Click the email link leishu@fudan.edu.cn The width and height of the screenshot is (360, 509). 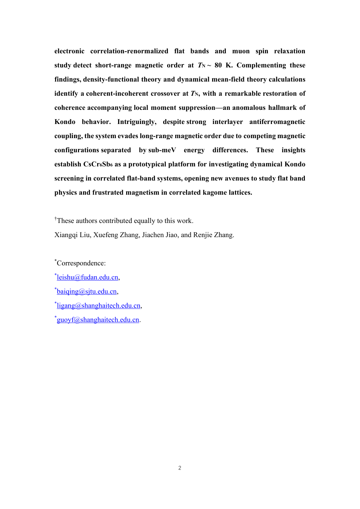[x=87, y=277]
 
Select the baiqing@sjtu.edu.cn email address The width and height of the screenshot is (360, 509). [x=87, y=291]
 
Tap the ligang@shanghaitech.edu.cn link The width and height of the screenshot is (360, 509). [x=99, y=306]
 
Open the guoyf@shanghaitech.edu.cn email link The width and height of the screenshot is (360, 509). [x=98, y=320]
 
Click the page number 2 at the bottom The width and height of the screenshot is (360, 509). [x=180, y=468]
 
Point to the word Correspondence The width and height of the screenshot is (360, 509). [x=81, y=263]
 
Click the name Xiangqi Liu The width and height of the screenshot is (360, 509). [x=72, y=235]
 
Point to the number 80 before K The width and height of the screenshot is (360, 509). [x=218, y=65]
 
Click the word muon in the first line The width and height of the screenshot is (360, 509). [x=241, y=51]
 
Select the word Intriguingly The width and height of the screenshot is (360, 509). [x=137, y=122]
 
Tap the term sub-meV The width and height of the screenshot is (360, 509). [x=162, y=150]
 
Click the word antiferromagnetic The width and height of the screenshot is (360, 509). [x=277, y=122]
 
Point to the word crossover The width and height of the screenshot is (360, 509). [x=165, y=94]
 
